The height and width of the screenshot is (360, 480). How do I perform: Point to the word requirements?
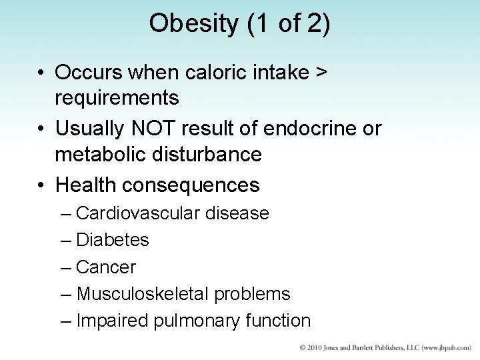click(117, 98)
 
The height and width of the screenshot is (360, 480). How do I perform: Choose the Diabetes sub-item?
click(113, 240)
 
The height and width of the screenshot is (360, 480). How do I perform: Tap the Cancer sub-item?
click(106, 267)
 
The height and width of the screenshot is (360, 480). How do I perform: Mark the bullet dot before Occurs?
click(41, 71)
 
